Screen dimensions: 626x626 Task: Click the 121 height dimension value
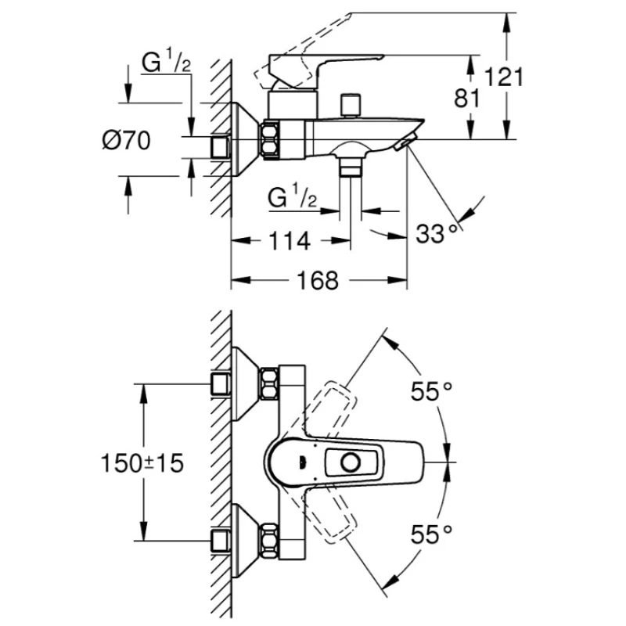[x=504, y=77]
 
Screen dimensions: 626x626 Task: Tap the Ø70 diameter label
[x=126, y=141]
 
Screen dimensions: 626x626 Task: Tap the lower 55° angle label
[x=432, y=534]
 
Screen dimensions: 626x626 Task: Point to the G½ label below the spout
[x=292, y=197]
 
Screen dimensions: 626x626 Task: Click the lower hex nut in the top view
[x=269, y=539]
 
